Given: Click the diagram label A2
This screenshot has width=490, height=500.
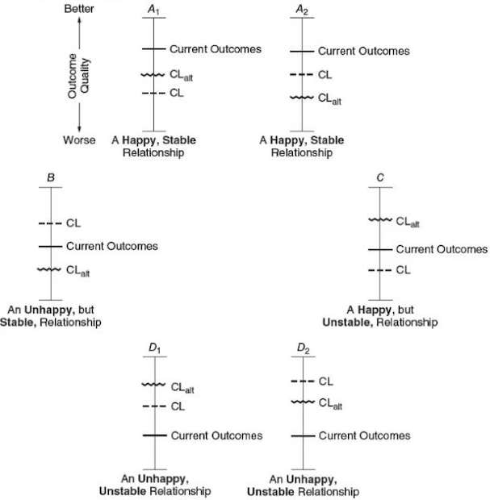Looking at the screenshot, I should pyautogui.click(x=302, y=8).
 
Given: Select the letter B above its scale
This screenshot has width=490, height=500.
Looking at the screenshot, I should pyautogui.click(x=51, y=176).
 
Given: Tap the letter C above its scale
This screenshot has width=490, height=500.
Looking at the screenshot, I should pyautogui.click(x=380, y=176).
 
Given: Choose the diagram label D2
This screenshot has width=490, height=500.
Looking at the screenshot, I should pyautogui.click(x=303, y=348).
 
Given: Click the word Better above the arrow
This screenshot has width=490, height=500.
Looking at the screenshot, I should pyautogui.click(x=79, y=8).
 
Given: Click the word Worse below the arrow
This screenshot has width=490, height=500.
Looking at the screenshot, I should pyautogui.click(x=79, y=140).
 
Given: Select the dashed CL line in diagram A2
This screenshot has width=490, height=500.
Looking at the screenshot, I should pyautogui.click(x=302, y=75).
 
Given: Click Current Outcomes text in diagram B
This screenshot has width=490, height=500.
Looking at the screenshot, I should pyautogui.click(x=111, y=246).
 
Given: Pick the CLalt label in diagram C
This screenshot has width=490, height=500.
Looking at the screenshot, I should pyautogui.click(x=408, y=223).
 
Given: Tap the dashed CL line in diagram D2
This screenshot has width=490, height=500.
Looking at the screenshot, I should pyautogui.click(x=303, y=381).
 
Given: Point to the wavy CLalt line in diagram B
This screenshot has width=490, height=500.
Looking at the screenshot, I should pyautogui.click(x=51, y=271).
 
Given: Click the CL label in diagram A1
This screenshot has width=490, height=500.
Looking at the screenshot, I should pyautogui.click(x=177, y=94).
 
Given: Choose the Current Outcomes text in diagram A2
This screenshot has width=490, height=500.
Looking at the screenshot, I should pyautogui.click(x=363, y=51).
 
